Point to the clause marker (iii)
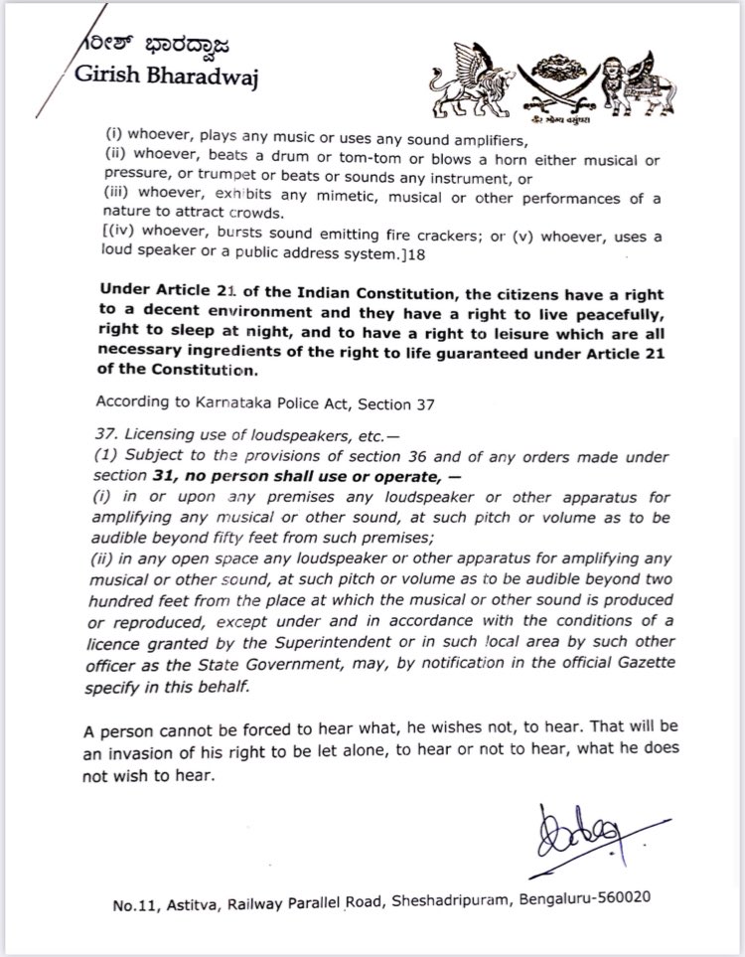click(x=117, y=200)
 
